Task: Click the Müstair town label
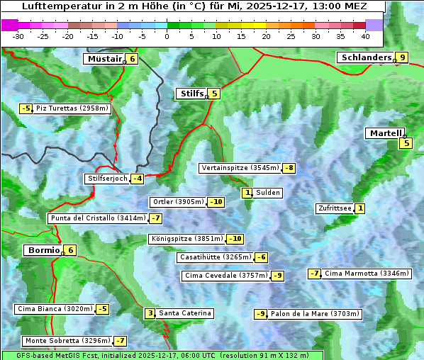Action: coord(104,59)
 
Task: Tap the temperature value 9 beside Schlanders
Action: coord(402,57)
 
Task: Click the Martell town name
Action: coord(386,133)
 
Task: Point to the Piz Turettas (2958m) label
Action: coord(72,108)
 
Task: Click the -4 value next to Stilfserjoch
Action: coord(138,179)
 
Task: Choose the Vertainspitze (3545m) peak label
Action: coord(240,168)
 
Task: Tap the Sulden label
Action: coord(268,193)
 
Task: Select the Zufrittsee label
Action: coord(335,208)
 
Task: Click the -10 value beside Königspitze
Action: coord(235,239)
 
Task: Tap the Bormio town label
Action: coord(42,250)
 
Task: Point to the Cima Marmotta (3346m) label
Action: coord(355,274)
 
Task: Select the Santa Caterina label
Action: coord(184,313)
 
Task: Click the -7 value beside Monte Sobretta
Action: coord(121,341)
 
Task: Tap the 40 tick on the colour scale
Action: coord(365,36)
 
